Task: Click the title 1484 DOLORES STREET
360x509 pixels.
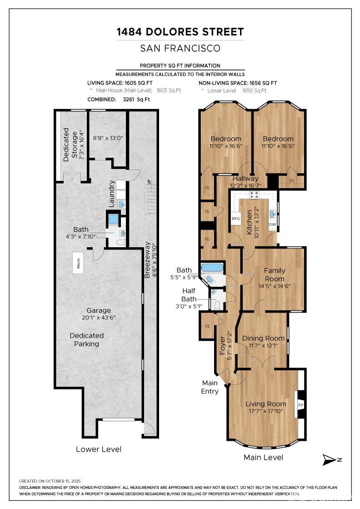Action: click(180, 32)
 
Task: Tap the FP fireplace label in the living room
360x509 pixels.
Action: click(300, 405)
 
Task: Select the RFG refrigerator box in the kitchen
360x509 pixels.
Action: click(236, 219)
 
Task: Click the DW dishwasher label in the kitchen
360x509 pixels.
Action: click(272, 225)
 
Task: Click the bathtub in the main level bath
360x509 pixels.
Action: click(212, 268)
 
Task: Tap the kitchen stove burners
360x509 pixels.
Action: click(254, 195)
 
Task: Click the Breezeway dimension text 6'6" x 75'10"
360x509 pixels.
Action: click(155, 259)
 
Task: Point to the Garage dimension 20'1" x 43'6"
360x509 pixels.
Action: click(99, 318)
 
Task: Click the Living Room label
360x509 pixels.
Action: click(266, 404)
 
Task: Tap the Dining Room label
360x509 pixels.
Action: click(263, 338)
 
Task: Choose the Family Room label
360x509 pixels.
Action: click(275, 274)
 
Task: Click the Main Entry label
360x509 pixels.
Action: click(210, 387)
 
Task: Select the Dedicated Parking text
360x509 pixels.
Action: click(87, 339)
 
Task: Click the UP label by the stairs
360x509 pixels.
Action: click(149, 181)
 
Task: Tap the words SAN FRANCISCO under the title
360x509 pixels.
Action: click(180, 48)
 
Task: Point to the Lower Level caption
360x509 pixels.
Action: click(99, 449)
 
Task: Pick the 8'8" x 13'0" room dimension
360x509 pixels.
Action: click(108, 138)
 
